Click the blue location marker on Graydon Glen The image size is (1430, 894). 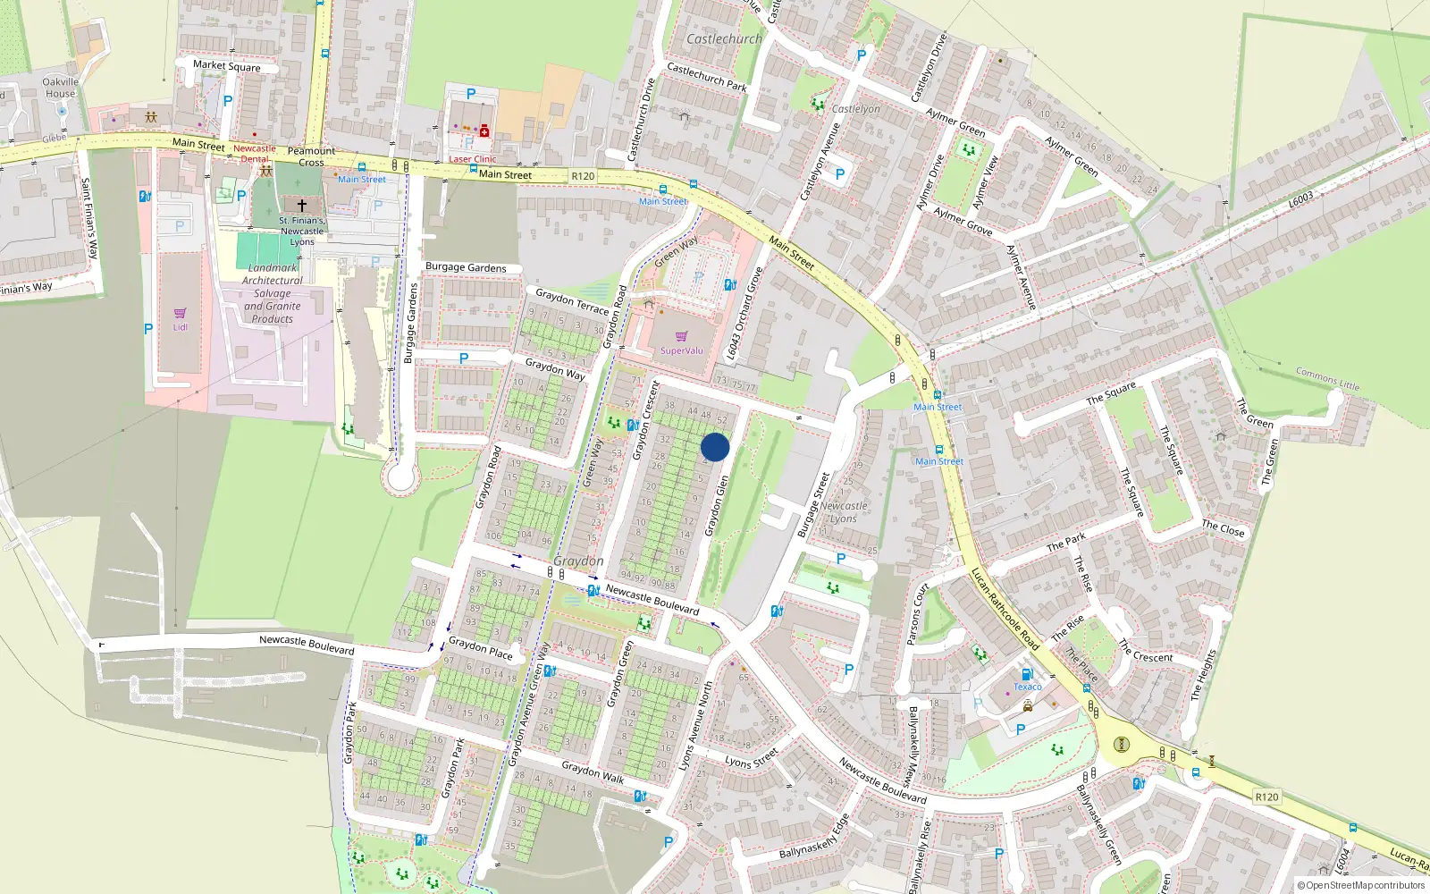coord(715,447)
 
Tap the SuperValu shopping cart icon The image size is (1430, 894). coord(682,336)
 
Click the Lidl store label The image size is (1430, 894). coord(181,327)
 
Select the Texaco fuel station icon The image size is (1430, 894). coord(1027,674)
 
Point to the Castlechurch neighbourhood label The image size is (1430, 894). coord(724,39)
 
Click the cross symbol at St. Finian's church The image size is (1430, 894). coord(302,206)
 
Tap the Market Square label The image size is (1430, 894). coord(227,65)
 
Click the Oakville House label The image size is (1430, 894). coord(61,88)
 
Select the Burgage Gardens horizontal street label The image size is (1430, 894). coord(466,267)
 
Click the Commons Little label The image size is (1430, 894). coord(1327,378)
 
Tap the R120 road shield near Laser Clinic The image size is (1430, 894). coord(583,176)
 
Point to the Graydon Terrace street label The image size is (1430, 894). coord(572,300)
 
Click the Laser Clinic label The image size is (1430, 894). coord(472,159)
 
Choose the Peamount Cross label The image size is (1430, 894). coord(311,156)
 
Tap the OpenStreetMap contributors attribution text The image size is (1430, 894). coord(1360,886)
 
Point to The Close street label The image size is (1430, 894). coord(1223,528)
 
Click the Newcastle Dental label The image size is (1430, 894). coord(255,154)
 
